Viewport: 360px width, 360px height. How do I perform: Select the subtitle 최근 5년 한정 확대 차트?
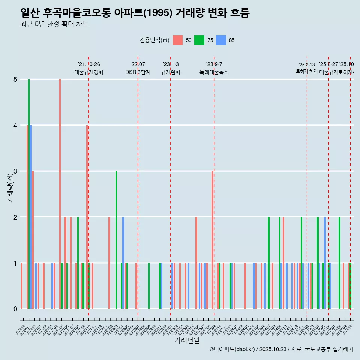[x=54, y=24]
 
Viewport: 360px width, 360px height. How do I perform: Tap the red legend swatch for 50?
[x=178, y=40]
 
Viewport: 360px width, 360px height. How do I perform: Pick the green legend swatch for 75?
[x=199, y=40]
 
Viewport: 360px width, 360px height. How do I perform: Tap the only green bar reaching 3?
[x=116, y=240]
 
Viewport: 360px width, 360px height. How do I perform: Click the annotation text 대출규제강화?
[x=89, y=72]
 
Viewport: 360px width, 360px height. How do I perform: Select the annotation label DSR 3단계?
[x=138, y=72]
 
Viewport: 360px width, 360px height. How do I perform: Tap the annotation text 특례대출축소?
[x=214, y=72]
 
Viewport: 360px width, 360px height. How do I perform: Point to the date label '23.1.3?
[x=171, y=64]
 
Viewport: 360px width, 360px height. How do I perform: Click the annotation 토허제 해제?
[x=307, y=71]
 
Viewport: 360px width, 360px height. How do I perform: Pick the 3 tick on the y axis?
[x=15, y=171]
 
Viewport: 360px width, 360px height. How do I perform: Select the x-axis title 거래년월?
[x=187, y=340]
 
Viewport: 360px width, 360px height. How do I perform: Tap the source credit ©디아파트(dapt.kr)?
[x=232, y=349]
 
